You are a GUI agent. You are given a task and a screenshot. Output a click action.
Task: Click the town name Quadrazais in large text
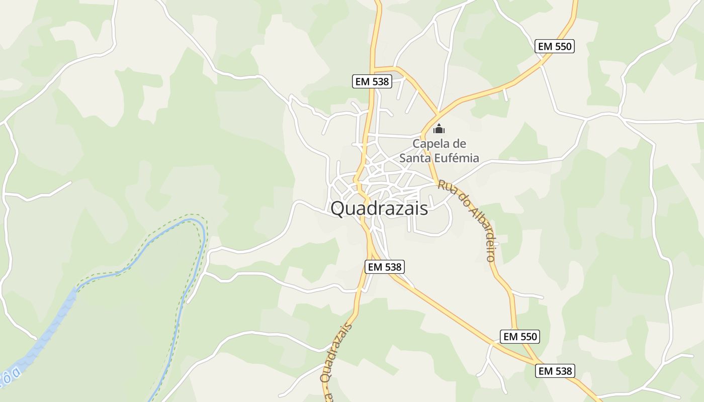click(x=379, y=208)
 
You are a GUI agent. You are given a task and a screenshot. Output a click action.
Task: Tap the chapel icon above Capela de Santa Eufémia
click(x=439, y=129)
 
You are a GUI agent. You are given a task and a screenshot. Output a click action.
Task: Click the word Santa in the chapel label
click(x=415, y=158)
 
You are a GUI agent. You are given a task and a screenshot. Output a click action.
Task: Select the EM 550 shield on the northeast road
click(x=555, y=47)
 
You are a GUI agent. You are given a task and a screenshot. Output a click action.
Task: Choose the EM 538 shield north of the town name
click(x=372, y=81)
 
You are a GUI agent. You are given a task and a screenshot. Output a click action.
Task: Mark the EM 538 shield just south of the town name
click(x=385, y=267)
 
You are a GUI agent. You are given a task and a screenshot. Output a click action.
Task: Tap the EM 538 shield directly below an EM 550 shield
click(x=555, y=371)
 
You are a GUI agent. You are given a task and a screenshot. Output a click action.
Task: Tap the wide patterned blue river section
click(x=45, y=332)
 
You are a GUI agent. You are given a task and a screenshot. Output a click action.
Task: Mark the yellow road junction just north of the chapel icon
click(x=438, y=114)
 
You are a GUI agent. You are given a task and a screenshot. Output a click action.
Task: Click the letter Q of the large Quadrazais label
click(x=338, y=208)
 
